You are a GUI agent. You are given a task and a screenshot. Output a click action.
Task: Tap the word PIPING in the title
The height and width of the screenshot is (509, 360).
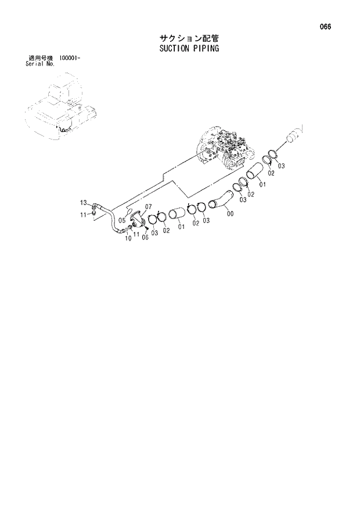coord(204,49)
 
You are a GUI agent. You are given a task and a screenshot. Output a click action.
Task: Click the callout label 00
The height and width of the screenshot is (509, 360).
coord(231,213)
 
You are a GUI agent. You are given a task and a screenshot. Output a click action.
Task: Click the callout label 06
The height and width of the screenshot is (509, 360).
coord(145,236)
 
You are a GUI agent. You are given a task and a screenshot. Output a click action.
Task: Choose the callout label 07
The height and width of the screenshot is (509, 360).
coord(148,207)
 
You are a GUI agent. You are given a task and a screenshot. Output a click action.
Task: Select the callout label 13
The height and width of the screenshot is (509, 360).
coord(83,202)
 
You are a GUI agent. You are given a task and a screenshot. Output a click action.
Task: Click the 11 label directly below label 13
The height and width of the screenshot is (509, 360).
coord(83,214)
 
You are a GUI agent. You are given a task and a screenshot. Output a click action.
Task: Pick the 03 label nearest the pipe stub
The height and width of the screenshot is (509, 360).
coord(281,167)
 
